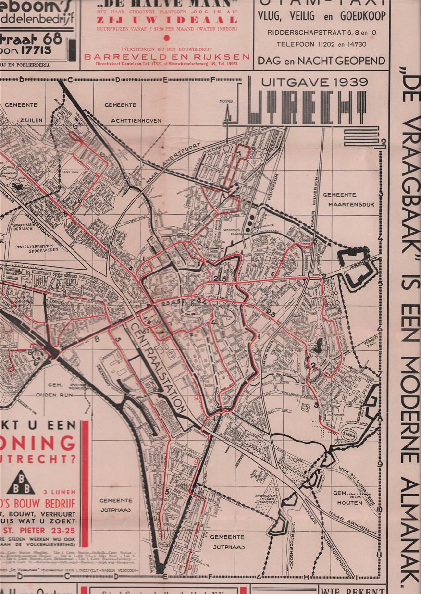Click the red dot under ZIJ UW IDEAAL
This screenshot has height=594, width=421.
[x=166, y=37]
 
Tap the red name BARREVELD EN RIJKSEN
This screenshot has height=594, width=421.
[x=166, y=56]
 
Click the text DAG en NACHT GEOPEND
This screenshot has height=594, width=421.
[x=321, y=61]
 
